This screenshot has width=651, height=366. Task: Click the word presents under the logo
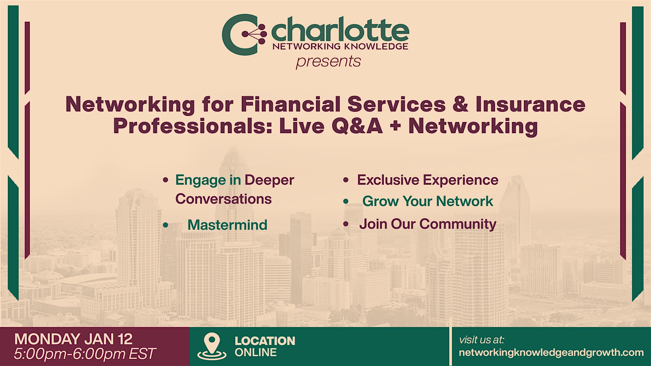coord(328,62)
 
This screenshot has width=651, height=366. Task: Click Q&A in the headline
coord(357,126)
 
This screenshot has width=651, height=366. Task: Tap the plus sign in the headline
coord(395,126)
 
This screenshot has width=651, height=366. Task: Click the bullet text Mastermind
coord(227,225)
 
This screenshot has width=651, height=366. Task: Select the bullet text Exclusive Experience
coord(428,180)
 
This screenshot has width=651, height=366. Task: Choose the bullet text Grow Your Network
coord(428,201)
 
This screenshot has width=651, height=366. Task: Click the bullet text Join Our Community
coord(428,224)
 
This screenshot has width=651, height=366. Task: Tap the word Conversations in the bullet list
coord(223,199)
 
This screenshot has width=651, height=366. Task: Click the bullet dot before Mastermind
coord(165,225)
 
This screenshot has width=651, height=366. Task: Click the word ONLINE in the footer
coord(256,352)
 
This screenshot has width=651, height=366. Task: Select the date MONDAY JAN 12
coord(73,339)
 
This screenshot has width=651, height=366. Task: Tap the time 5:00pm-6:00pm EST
coord(84,354)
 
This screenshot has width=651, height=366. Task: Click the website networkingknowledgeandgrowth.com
coord(551,353)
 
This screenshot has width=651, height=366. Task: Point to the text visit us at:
coord(481,340)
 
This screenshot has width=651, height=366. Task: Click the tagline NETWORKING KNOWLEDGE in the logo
coord(340,46)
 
